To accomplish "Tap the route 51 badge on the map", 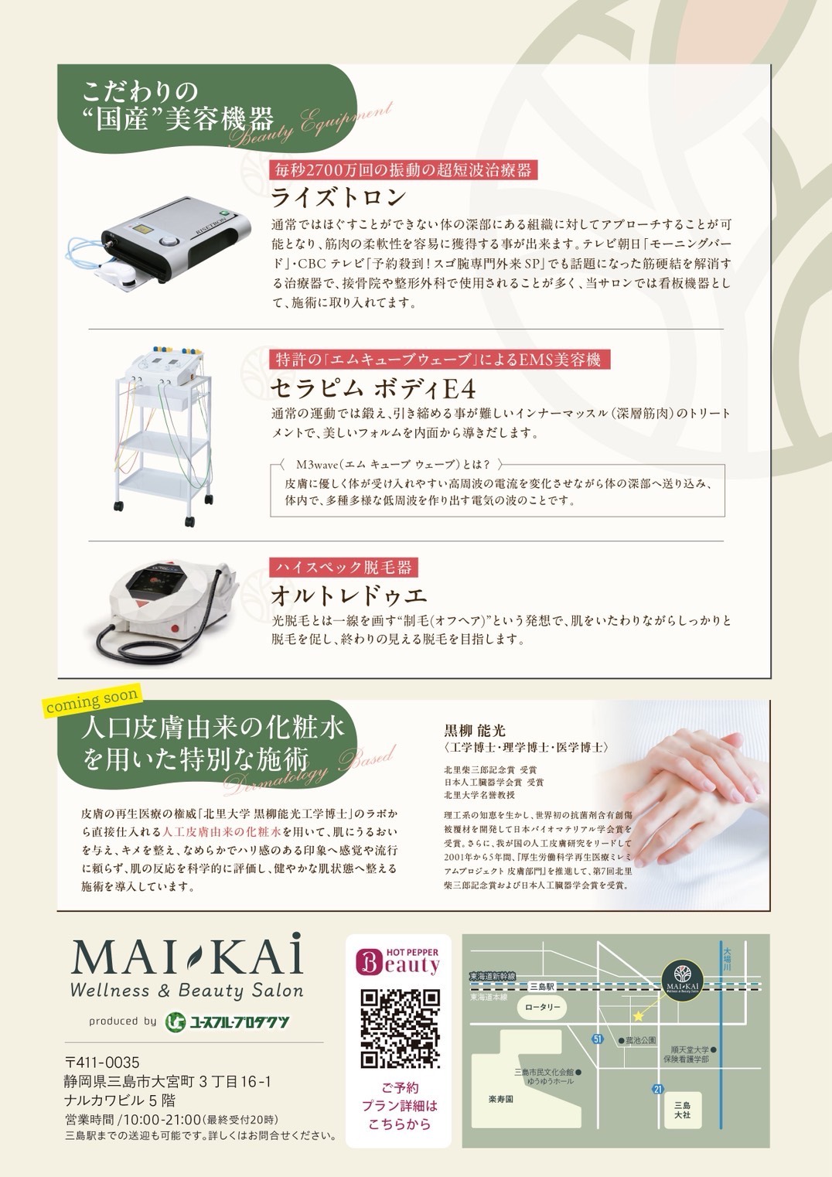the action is (x=597, y=1039).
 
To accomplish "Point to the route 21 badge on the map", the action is (x=657, y=1090).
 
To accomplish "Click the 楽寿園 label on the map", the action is (x=500, y=1099).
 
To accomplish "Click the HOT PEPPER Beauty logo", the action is (x=397, y=963).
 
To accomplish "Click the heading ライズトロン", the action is (x=339, y=197).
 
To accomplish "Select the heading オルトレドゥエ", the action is (x=349, y=595).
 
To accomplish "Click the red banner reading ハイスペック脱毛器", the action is (x=343, y=567).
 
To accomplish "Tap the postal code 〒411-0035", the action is (x=102, y=1063).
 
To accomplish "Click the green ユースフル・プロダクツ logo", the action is (x=227, y=1022).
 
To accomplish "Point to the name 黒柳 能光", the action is (x=474, y=730).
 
